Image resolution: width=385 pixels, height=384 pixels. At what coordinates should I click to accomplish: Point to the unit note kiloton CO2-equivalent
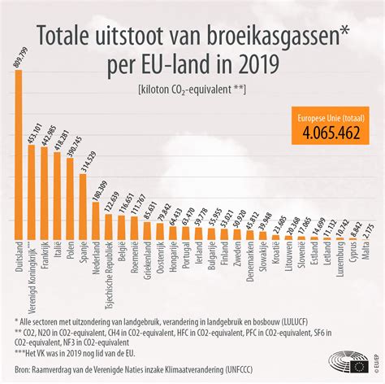[x=192, y=89]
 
